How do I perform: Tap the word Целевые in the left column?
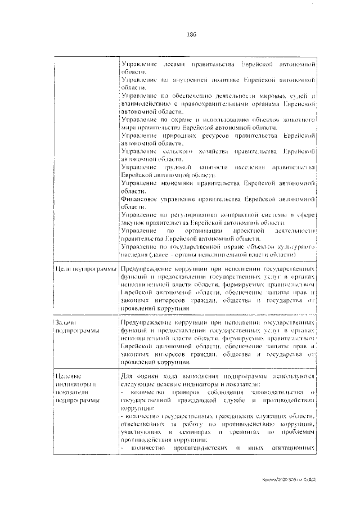tap(69, 376)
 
